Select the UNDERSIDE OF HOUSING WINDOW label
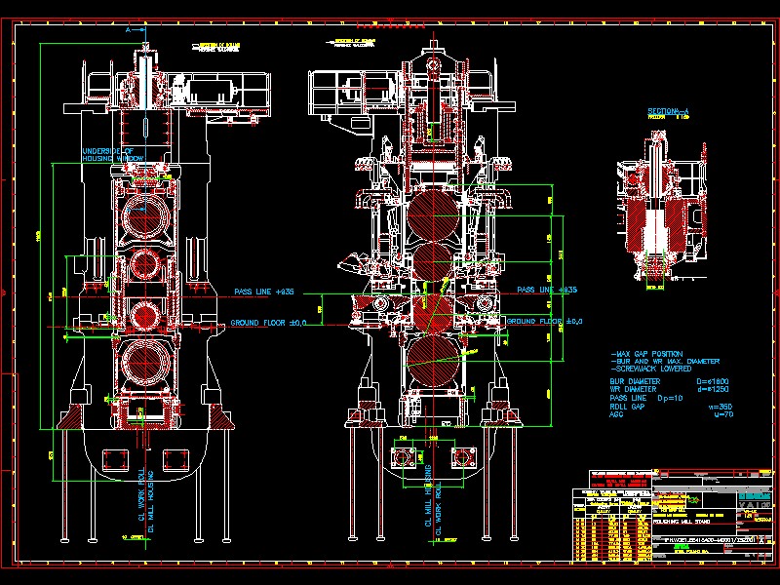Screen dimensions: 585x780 (114, 154)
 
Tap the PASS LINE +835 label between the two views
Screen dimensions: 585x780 (264, 292)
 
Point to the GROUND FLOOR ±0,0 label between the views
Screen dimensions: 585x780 (269, 323)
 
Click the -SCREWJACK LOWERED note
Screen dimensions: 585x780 (648, 370)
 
